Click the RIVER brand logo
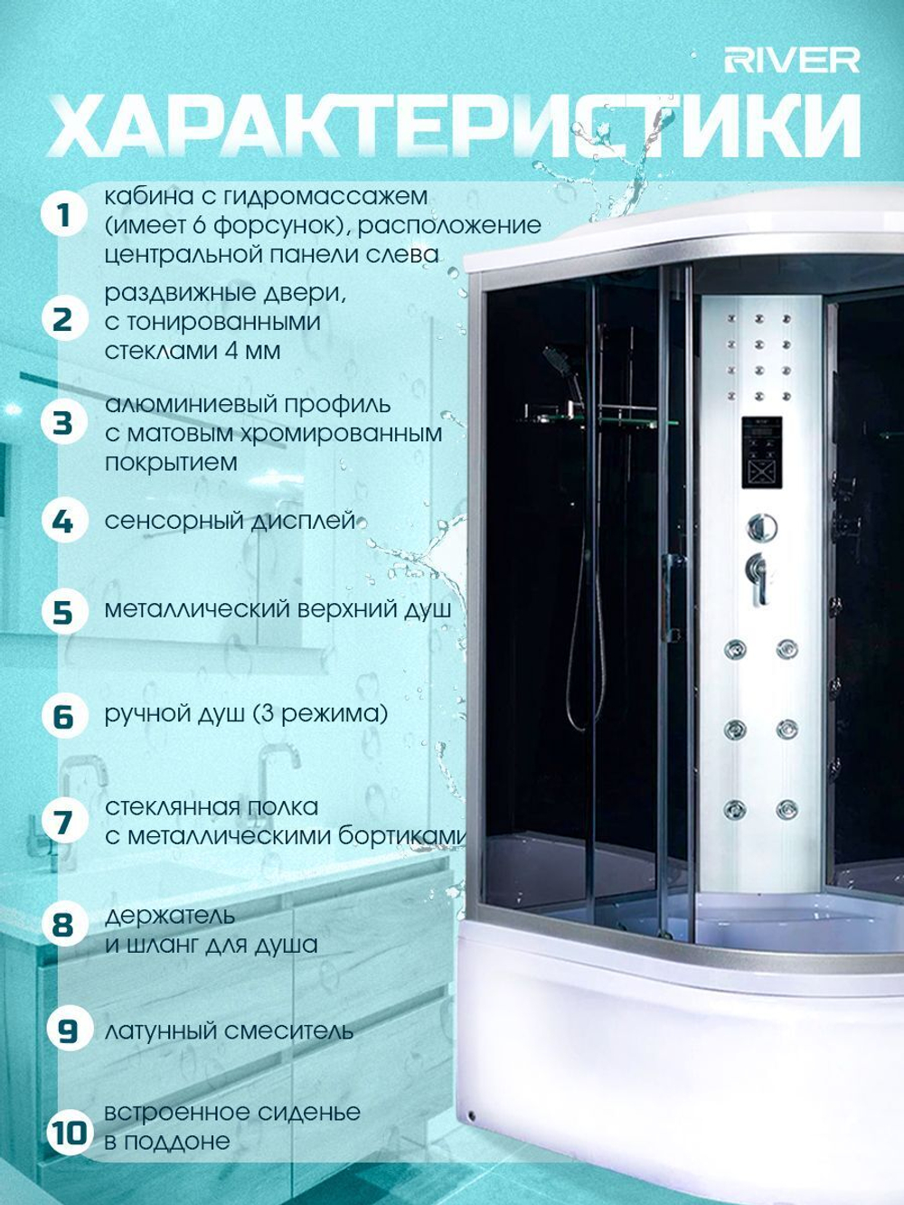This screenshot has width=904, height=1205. pyautogui.click(x=792, y=61)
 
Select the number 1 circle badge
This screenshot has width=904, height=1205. pyautogui.click(x=65, y=216)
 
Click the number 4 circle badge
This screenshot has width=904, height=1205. pyautogui.click(x=65, y=521)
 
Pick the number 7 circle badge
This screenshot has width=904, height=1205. pyautogui.click(x=65, y=822)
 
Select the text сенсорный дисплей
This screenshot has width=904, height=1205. pyautogui.click(x=230, y=521)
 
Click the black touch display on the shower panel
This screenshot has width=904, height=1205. pyautogui.click(x=762, y=452)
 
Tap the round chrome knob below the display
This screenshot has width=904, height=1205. pyautogui.click(x=762, y=527)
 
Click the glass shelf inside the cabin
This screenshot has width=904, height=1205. pyautogui.click(x=598, y=421)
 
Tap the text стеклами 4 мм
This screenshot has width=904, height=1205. pyautogui.click(x=193, y=351)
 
